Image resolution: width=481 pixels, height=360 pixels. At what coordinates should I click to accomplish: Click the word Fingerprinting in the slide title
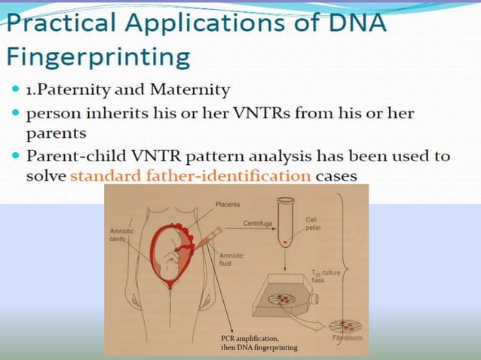click(x=97, y=56)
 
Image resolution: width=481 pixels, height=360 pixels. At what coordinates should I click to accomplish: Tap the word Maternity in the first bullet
click(x=191, y=90)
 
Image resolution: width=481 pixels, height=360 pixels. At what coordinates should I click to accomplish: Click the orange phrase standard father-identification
click(x=191, y=175)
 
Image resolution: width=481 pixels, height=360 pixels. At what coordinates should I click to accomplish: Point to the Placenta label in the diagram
click(x=228, y=203)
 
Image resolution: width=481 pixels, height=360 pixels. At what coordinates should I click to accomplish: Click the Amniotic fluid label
click(x=231, y=260)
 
